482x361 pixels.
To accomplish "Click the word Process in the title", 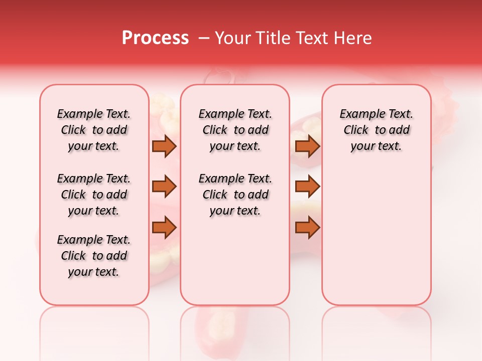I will coord(155,38).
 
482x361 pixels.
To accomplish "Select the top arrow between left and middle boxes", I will coord(164,146).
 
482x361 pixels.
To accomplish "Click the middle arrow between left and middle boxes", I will coord(164,187).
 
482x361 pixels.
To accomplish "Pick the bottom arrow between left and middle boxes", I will coord(164,228).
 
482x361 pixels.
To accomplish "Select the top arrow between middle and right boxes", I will coord(307,146).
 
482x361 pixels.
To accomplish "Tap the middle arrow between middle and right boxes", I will coord(307,187).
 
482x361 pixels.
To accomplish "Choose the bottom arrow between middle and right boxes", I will coord(307,228).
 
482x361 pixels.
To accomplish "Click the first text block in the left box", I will coord(94,130).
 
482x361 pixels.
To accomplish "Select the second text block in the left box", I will coord(94,195).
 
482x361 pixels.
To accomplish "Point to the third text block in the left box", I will coord(94,256).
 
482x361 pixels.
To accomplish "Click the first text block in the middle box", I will coord(235,130).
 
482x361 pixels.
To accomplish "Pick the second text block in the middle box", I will coord(235,195).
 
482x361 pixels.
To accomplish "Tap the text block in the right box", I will coord(376,130).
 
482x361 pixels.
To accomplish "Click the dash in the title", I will coord(204,38).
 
